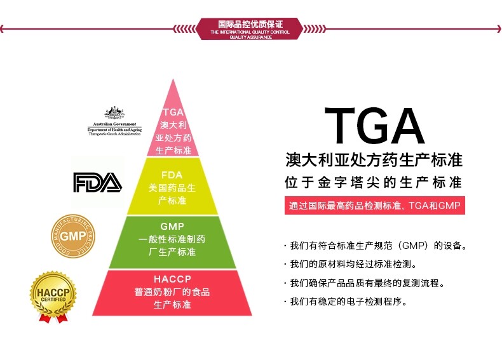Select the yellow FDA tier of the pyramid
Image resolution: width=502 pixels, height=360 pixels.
[172, 187]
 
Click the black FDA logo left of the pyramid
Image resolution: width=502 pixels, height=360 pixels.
[97, 182]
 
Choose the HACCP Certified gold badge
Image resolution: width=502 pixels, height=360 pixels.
[53, 293]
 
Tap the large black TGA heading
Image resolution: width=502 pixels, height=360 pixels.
[374, 126]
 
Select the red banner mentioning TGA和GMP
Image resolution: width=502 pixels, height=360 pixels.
[375, 206]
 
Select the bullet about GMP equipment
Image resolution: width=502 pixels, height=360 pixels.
[377, 245]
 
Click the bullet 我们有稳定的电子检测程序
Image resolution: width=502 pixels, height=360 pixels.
[346, 302]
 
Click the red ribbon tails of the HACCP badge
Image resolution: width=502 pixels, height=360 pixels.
[53, 317]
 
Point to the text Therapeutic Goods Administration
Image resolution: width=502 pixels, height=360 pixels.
[115, 134]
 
